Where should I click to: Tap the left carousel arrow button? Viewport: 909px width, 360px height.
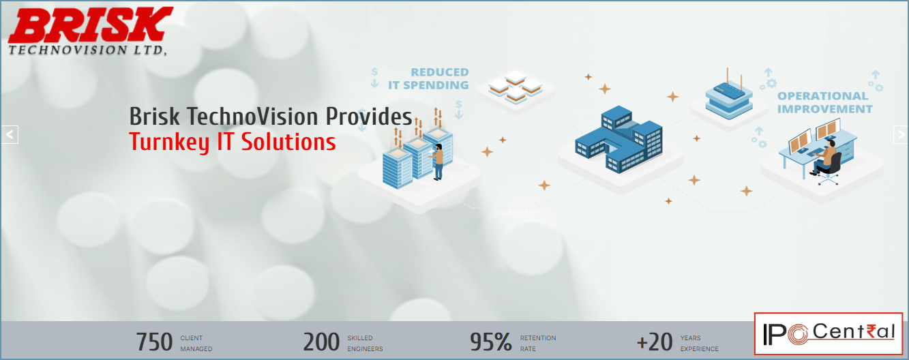click(x=10, y=134)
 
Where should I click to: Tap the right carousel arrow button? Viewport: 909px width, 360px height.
click(x=900, y=134)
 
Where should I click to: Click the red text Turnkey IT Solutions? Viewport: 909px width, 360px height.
click(x=232, y=142)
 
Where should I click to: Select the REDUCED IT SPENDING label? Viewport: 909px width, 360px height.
click(x=428, y=78)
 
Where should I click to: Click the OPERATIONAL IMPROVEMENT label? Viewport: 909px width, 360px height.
click(x=825, y=102)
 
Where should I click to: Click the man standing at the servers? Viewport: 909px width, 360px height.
click(x=438, y=161)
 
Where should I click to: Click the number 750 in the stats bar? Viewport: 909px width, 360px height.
click(x=154, y=342)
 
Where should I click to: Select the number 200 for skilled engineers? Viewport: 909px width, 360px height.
click(x=321, y=342)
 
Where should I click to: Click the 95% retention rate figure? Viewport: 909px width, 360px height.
click(x=490, y=342)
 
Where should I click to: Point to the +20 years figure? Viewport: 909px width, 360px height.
click(x=654, y=342)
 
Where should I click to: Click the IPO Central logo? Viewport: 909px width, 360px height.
click(x=829, y=333)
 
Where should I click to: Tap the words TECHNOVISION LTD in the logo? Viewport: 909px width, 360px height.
click(x=87, y=50)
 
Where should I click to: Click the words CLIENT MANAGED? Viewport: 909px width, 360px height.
click(x=196, y=343)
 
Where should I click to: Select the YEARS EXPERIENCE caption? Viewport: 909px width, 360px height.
click(x=699, y=343)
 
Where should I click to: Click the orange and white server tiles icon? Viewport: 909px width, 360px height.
click(x=516, y=86)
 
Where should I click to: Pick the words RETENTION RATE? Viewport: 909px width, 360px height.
click(x=538, y=343)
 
